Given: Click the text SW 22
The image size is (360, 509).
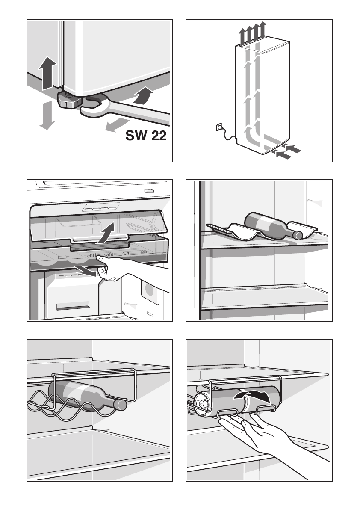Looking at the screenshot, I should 146,136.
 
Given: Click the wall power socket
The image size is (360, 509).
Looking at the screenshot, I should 219,127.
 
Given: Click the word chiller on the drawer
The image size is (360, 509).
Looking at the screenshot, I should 94,256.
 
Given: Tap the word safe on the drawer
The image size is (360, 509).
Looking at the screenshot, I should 109,255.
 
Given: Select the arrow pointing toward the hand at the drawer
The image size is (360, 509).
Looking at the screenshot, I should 86,270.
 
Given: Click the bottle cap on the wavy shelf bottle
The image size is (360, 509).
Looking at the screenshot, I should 297,234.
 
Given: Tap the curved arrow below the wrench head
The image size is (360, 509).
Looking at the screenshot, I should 114,126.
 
